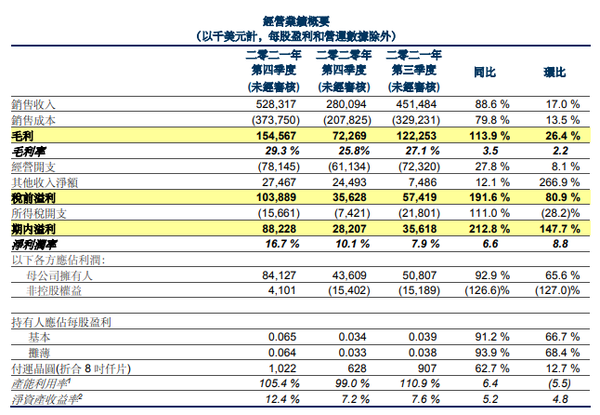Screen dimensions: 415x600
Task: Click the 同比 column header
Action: point(484,71)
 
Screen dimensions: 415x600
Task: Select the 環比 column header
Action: point(557,71)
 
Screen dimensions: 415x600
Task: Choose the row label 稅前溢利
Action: point(35,197)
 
